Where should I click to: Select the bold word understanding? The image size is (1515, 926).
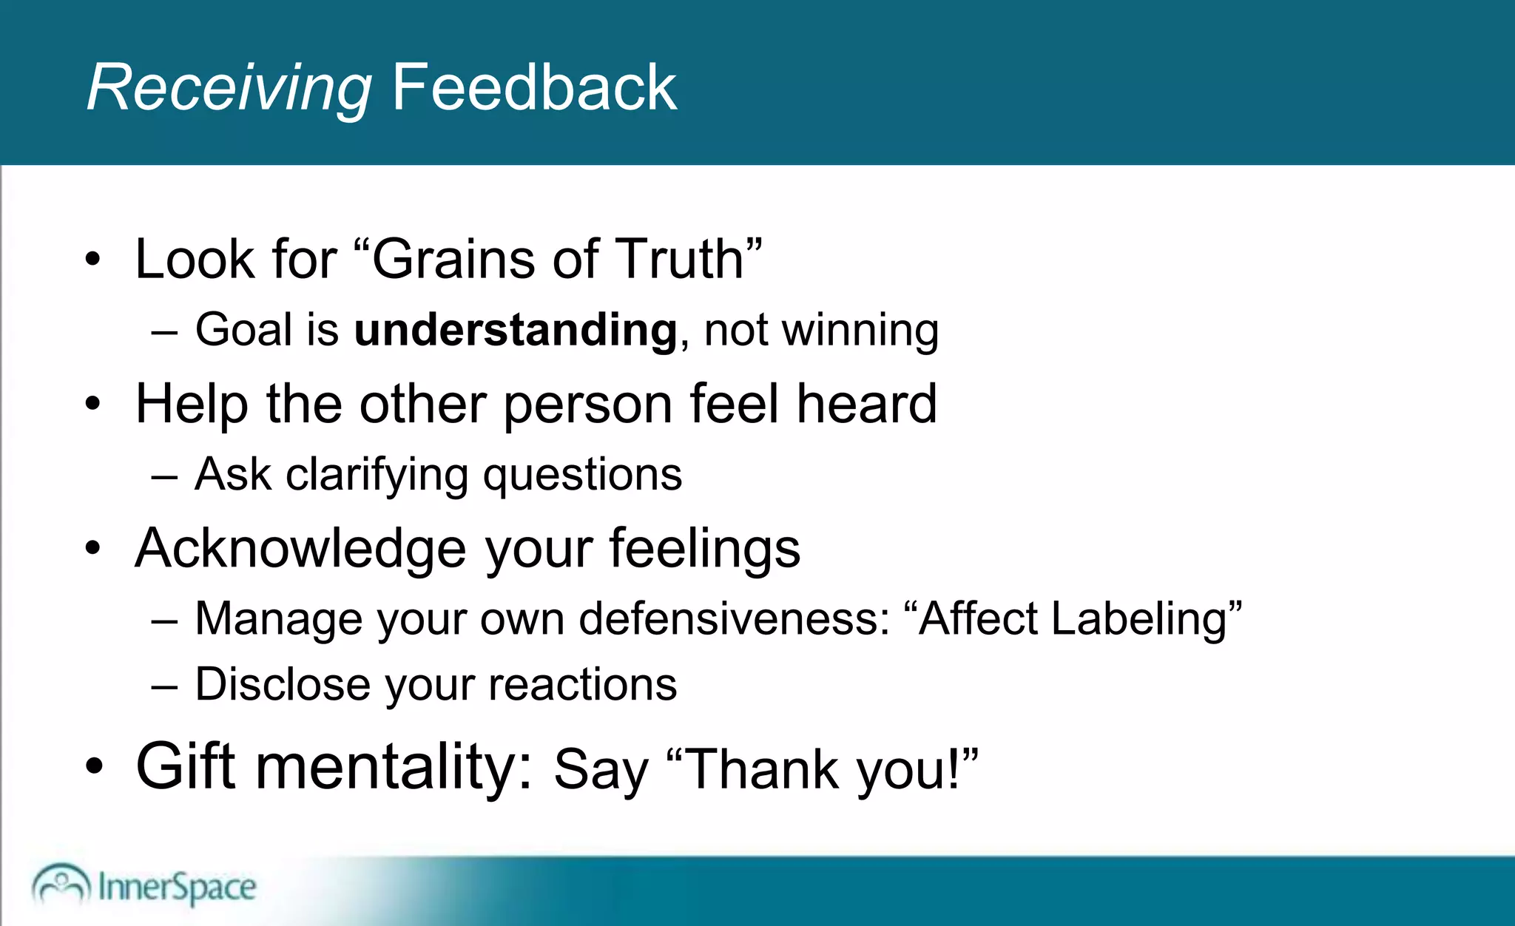click(516, 330)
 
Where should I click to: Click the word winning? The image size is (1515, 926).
click(860, 330)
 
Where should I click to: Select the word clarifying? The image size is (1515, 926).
click(377, 475)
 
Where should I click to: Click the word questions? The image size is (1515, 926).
click(582, 475)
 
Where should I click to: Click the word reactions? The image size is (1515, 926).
click(582, 684)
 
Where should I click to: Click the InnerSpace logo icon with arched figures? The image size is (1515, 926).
click(61, 884)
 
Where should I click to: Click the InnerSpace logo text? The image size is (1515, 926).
click(177, 887)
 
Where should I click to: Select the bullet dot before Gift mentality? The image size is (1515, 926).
click(93, 767)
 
